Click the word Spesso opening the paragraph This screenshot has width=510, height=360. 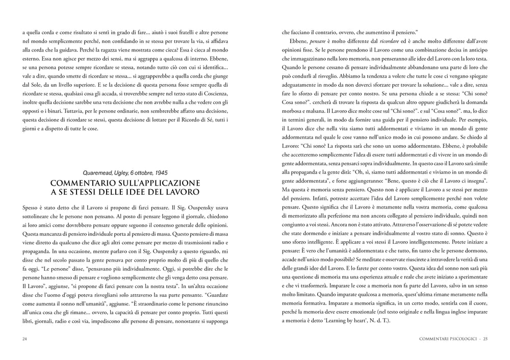pos(31,209)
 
